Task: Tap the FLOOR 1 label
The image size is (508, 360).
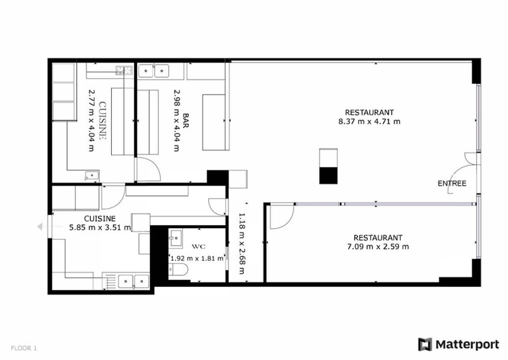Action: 23,348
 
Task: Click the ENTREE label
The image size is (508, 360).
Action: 452,184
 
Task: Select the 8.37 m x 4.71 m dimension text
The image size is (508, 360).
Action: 369,122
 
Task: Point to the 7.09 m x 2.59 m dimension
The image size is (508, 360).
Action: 377,247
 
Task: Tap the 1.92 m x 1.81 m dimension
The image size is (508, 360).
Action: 197,258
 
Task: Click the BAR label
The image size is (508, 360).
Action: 186,121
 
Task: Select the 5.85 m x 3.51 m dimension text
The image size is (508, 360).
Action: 100,227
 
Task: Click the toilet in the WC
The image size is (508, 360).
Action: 179,269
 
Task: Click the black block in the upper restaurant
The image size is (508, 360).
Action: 328,174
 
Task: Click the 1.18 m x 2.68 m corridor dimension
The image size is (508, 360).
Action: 242,243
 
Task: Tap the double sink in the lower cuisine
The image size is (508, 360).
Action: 134,280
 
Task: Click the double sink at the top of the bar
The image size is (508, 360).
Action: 154,70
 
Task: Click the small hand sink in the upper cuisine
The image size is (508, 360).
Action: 92,176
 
